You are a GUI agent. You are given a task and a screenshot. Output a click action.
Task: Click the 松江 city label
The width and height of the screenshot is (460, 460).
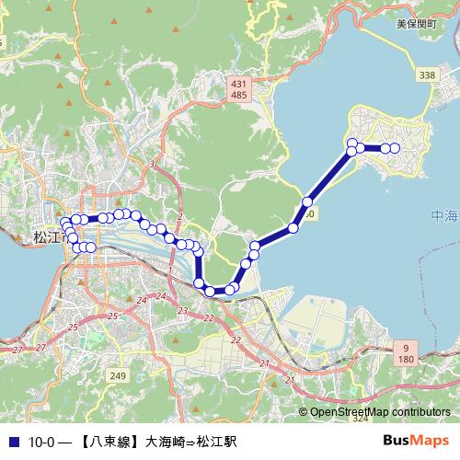46,236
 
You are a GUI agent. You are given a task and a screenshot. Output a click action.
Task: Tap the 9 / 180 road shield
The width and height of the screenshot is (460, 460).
404,351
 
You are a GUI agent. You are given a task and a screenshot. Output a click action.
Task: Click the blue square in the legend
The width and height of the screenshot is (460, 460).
12,442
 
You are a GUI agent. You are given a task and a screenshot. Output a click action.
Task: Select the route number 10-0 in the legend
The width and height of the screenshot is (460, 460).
42,442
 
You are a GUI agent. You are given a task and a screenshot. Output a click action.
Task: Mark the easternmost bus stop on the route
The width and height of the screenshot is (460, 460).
395,148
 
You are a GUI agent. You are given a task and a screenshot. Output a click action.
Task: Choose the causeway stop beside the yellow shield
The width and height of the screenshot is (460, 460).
307,201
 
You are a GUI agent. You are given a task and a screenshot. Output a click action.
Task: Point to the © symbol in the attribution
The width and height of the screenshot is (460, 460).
303,413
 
